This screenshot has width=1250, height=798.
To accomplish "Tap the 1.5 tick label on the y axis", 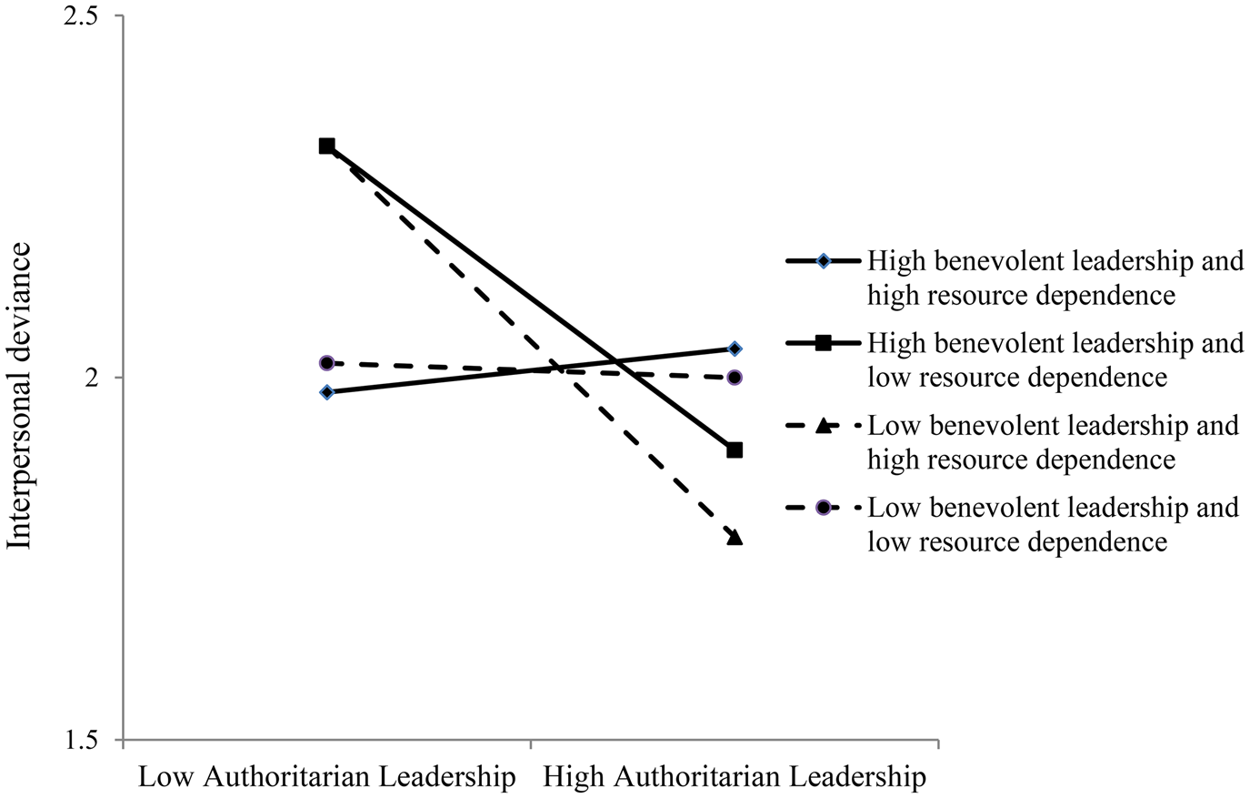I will tap(80, 740).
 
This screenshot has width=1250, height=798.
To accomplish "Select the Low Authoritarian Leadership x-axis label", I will tap(326, 777).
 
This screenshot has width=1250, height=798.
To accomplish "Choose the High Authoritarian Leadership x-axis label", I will tap(735, 777).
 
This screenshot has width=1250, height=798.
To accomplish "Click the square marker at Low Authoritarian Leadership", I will tap(326, 146).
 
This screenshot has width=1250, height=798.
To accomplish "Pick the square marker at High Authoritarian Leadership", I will tap(735, 450).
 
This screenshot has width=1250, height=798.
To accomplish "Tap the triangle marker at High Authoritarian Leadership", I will tap(735, 537).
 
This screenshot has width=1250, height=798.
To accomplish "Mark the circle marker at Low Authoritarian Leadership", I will tap(326, 363).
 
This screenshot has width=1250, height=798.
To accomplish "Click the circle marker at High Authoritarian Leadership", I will tap(735, 378).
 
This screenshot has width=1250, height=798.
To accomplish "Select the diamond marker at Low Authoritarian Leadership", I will tap(326, 392).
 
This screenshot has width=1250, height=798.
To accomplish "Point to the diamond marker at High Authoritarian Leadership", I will tap(735, 348).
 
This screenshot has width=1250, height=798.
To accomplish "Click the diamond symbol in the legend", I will tap(823, 261).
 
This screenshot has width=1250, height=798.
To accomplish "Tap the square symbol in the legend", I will tap(823, 343).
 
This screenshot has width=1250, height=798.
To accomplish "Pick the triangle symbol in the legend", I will tap(823, 425).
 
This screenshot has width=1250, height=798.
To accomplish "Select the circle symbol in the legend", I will tap(823, 507).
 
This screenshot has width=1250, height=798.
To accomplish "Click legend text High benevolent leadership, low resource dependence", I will tap(1055, 359).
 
